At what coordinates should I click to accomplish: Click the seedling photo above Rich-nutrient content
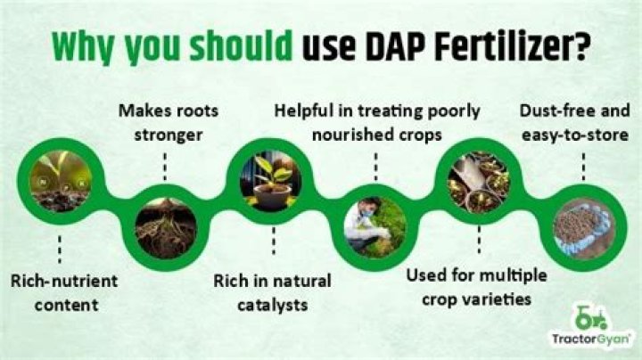60,182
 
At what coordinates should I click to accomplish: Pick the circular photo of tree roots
165,228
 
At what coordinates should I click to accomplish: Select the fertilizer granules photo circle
583,227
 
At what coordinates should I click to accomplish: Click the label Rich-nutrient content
61,292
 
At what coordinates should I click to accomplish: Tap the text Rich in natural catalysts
272,292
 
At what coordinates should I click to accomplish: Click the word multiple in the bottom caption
517,274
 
